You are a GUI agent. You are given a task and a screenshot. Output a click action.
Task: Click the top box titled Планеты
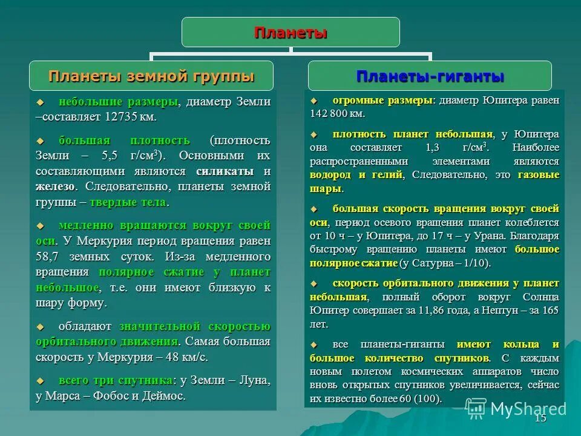click(290, 32)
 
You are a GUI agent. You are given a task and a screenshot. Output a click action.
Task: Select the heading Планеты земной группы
click(151, 76)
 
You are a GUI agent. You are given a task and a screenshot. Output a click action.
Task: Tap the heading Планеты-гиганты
click(430, 76)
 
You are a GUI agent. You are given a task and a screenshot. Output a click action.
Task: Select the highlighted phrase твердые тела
click(132, 202)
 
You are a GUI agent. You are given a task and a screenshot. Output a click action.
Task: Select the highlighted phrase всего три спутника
click(116, 381)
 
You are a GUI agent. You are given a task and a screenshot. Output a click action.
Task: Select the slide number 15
click(540, 418)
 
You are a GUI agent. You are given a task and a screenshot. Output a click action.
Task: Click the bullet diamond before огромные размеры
click(313, 100)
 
